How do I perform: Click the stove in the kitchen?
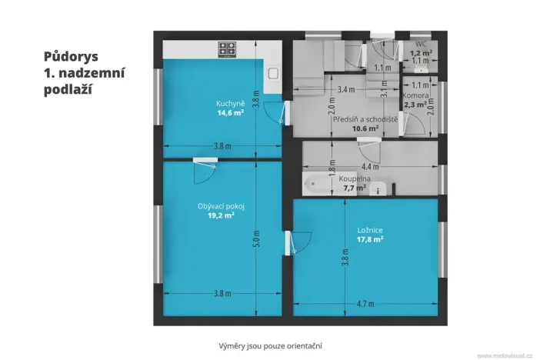coord(227,50)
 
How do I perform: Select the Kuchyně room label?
coord(229,103)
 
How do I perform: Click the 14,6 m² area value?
coord(230,112)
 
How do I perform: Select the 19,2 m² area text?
coord(220,216)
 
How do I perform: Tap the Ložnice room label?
coord(369,229)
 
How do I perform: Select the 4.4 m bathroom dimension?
coord(370,166)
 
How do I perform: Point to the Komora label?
coord(416,95)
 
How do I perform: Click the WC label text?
coord(421,44)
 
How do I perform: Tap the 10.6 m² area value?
coord(365,128)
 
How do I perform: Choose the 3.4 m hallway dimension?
coord(346,90)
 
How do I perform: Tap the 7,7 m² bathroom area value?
coord(359,187)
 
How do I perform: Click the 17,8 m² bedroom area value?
coord(370,238)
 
